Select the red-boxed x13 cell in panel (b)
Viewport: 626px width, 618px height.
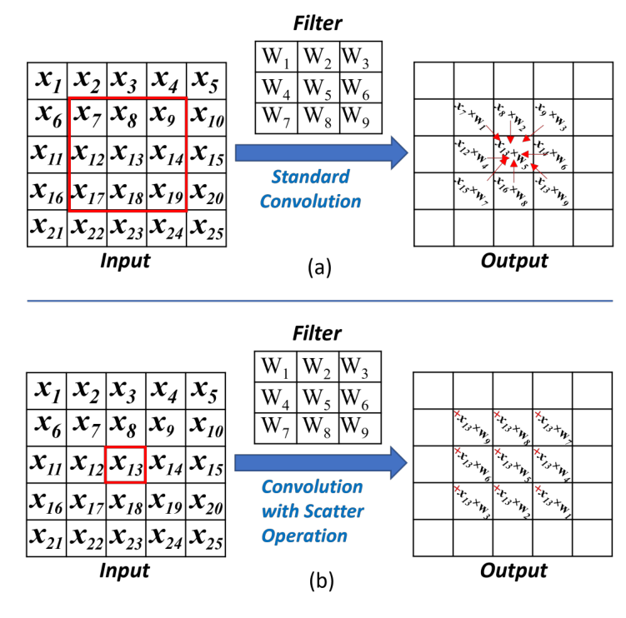(x=125, y=464)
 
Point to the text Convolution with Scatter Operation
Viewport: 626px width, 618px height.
(x=313, y=510)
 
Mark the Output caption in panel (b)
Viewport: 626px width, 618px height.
(x=513, y=571)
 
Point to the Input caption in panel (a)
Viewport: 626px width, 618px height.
(x=125, y=261)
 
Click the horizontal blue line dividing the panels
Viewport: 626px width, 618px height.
(x=313, y=301)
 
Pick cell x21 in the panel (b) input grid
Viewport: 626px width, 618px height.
(x=48, y=540)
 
